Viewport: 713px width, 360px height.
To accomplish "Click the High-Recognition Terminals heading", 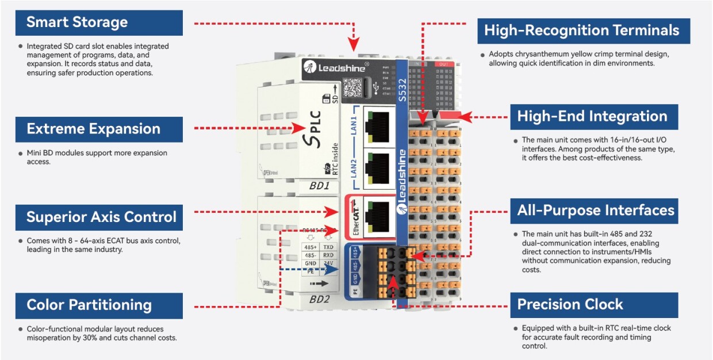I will coord(582,30).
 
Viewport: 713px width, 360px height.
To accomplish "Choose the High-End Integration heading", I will coord(593,117).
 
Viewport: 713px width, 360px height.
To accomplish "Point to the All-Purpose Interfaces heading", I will coord(595,210).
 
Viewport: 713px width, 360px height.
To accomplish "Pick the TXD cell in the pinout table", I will coord(328,247).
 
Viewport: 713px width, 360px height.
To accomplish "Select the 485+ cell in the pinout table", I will coord(310,247).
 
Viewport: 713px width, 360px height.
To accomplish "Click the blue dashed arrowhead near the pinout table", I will coord(335,268).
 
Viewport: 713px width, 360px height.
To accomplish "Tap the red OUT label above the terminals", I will coord(443,63).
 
